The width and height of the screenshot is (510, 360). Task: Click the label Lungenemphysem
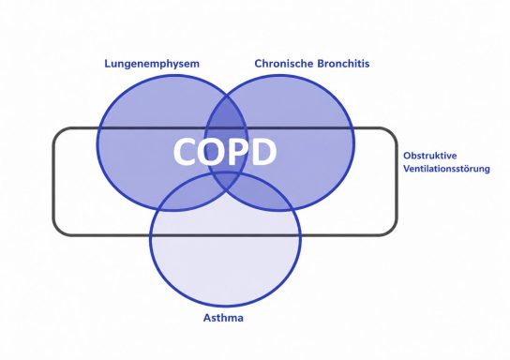point(152,64)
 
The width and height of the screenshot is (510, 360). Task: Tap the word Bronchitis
point(343,64)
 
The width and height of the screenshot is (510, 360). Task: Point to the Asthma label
point(223,318)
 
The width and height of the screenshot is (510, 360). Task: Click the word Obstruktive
point(430,156)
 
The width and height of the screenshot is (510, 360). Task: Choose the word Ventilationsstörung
point(446,169)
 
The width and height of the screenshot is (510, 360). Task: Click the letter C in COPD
point(186,152)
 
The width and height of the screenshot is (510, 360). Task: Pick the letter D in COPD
point(263,152)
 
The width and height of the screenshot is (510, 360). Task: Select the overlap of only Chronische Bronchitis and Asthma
point(261,195)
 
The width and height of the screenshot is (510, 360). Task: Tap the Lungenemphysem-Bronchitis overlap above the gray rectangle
point(227,112)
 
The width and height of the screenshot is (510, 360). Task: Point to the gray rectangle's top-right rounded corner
point(392,133)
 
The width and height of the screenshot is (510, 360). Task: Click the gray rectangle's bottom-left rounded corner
point(58,230)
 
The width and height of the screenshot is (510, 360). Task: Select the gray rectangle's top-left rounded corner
point(58,133)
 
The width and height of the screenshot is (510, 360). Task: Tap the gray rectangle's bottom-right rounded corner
point(392,230)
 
